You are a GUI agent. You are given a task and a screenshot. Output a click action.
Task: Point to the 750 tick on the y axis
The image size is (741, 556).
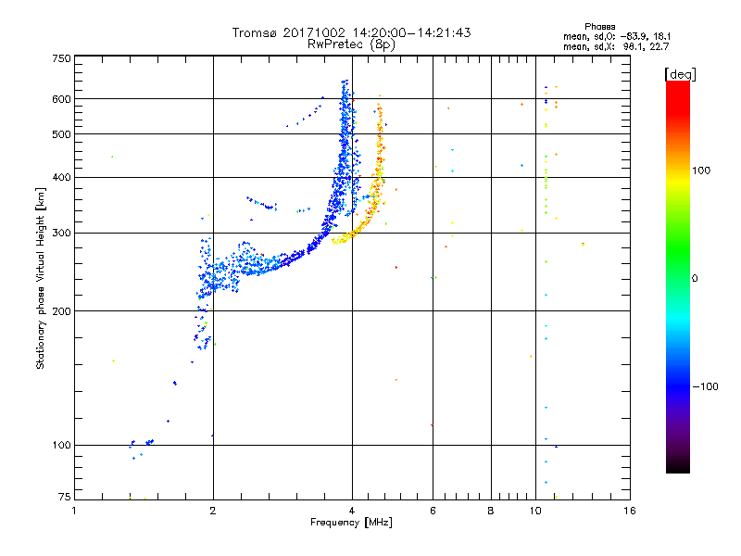point(61,57)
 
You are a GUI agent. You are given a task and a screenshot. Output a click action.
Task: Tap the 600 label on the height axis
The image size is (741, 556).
point(61,98)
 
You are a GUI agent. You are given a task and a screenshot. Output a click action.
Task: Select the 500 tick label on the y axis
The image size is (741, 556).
point(61,134)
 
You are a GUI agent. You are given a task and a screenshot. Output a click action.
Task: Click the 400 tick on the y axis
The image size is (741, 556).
point(61,177)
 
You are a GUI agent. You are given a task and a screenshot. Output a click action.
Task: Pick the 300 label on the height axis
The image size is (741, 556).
point(61,233)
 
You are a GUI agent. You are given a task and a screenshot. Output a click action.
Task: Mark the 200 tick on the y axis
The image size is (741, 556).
point(61,310)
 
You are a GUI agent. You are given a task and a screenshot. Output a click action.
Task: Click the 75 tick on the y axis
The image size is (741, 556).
point(64,499)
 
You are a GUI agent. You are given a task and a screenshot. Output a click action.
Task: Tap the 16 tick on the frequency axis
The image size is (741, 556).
point(629,511)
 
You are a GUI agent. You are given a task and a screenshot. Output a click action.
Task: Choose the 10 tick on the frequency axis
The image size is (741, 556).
point(536,511)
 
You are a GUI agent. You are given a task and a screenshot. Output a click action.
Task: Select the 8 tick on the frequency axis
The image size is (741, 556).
point(491,511)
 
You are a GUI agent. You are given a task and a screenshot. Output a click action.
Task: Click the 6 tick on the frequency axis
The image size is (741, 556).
point(433,511)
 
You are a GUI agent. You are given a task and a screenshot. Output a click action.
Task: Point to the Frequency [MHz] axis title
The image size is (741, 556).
point(352,524)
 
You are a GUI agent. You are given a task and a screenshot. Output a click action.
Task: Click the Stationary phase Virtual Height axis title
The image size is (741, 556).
point(41,278)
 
